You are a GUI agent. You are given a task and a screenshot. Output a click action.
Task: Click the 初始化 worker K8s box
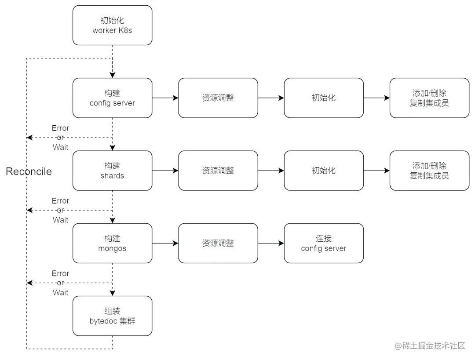tap(112, 25)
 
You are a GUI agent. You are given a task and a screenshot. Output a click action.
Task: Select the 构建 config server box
tap(112, 98)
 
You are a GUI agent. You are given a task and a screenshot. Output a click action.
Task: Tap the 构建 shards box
tap(112, 171)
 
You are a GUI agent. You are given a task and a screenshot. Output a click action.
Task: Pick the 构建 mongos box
tap(112, 243)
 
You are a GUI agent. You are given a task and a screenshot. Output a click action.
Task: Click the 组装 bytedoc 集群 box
tap(112, 316)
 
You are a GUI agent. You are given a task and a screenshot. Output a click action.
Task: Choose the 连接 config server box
tap(324, 243)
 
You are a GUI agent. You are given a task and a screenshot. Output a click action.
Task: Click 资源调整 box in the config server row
tap(218, 98)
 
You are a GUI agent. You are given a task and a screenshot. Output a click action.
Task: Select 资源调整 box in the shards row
tap(218, 171)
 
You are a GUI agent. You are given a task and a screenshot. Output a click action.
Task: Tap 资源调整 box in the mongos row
tap(218, 243)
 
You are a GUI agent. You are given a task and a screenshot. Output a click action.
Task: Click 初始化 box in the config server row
tap(324, 98)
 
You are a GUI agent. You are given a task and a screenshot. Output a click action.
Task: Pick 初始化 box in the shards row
tap(324, 171)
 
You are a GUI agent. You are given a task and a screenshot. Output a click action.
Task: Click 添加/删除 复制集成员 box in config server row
tap(429, 98)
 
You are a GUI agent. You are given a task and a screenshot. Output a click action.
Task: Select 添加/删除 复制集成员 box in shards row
tap(429, 171)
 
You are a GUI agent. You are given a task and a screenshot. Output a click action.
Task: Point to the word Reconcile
tap(29, 171)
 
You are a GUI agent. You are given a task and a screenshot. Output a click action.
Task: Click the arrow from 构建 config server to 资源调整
tap(165, 98)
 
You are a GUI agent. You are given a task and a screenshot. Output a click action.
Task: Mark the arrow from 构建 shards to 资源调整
tap(165, 171)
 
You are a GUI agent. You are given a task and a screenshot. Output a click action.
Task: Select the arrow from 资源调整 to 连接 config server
tap(271, 243)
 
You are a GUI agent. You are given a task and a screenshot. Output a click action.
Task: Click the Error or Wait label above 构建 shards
tap(60, 138)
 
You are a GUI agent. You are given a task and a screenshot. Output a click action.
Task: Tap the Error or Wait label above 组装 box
tap(60, 283)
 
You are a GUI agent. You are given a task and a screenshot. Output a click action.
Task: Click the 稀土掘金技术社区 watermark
tap(430, 346)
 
